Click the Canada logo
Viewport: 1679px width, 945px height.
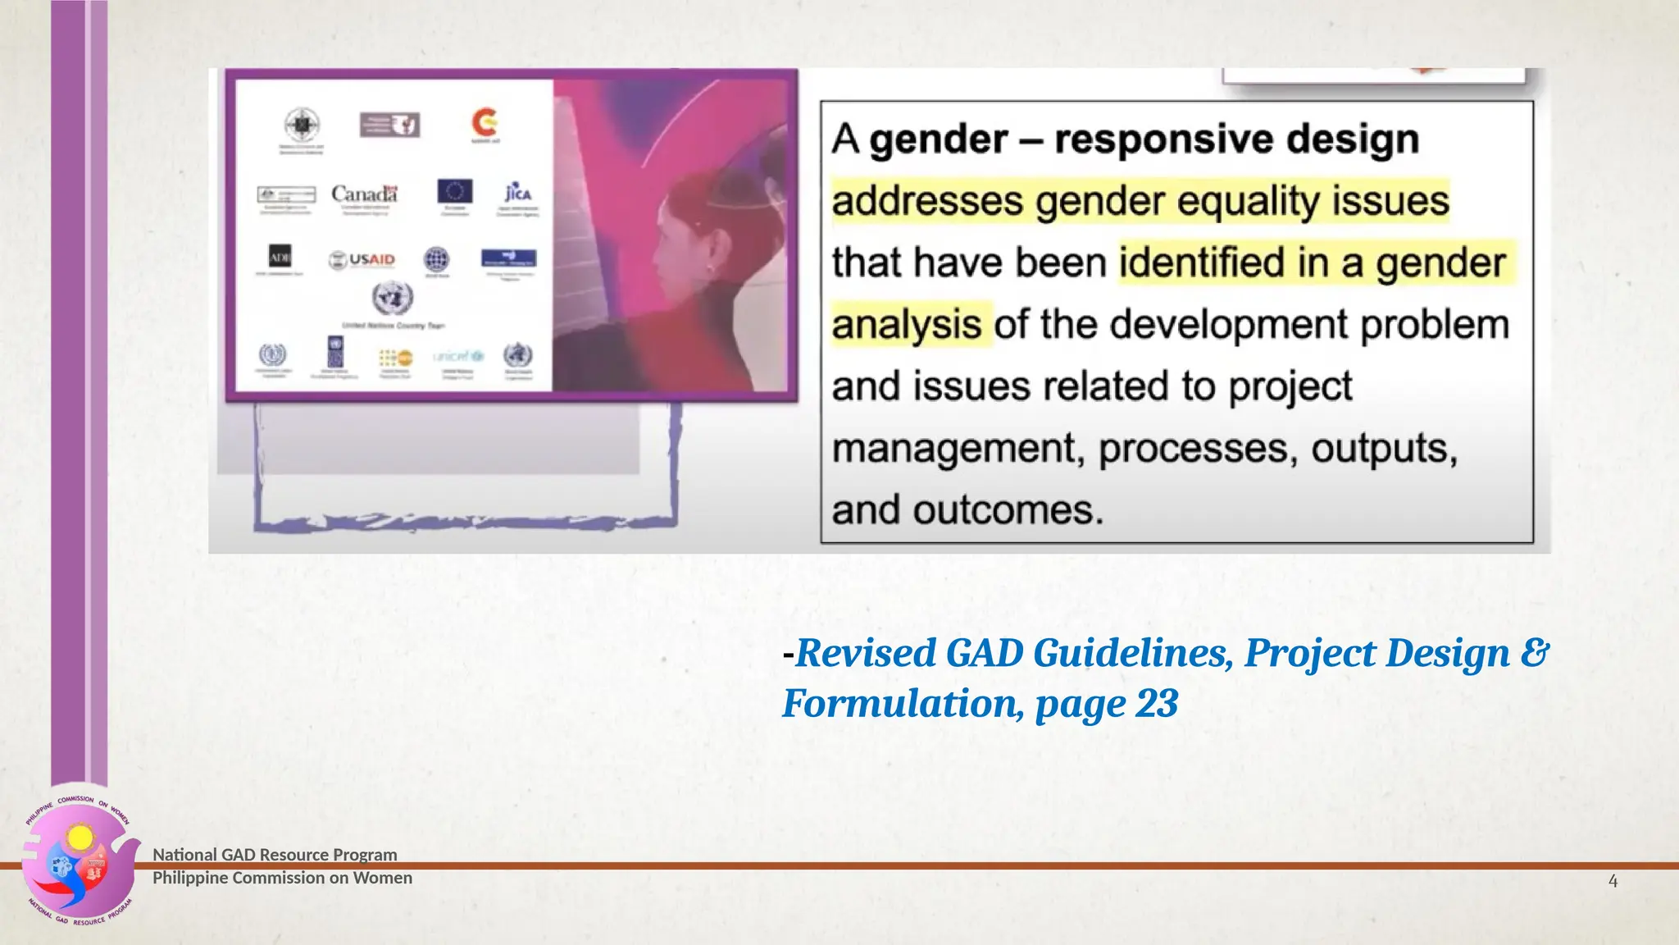tap(364, 194)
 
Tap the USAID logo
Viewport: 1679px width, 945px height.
tap(362, 259)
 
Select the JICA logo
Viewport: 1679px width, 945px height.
tap(517, 193)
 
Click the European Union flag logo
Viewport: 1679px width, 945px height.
tap(455, 191)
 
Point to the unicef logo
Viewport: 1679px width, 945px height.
tap(458, 356)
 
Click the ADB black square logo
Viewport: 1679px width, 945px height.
tap(280, 257)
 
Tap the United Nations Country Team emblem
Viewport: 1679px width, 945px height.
tap(393, 298)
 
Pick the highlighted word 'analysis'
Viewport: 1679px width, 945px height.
tap(907, 325)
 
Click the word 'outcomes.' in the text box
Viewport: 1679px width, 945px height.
tap(1008, 510)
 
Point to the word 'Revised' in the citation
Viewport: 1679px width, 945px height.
tap(864, 653)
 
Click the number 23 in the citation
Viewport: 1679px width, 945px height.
tap(1157, 703)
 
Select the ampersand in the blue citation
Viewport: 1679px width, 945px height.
tap(1534, 653)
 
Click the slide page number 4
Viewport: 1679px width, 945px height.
tap(1613, 881)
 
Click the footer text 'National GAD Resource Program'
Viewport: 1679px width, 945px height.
tap(275, 855)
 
